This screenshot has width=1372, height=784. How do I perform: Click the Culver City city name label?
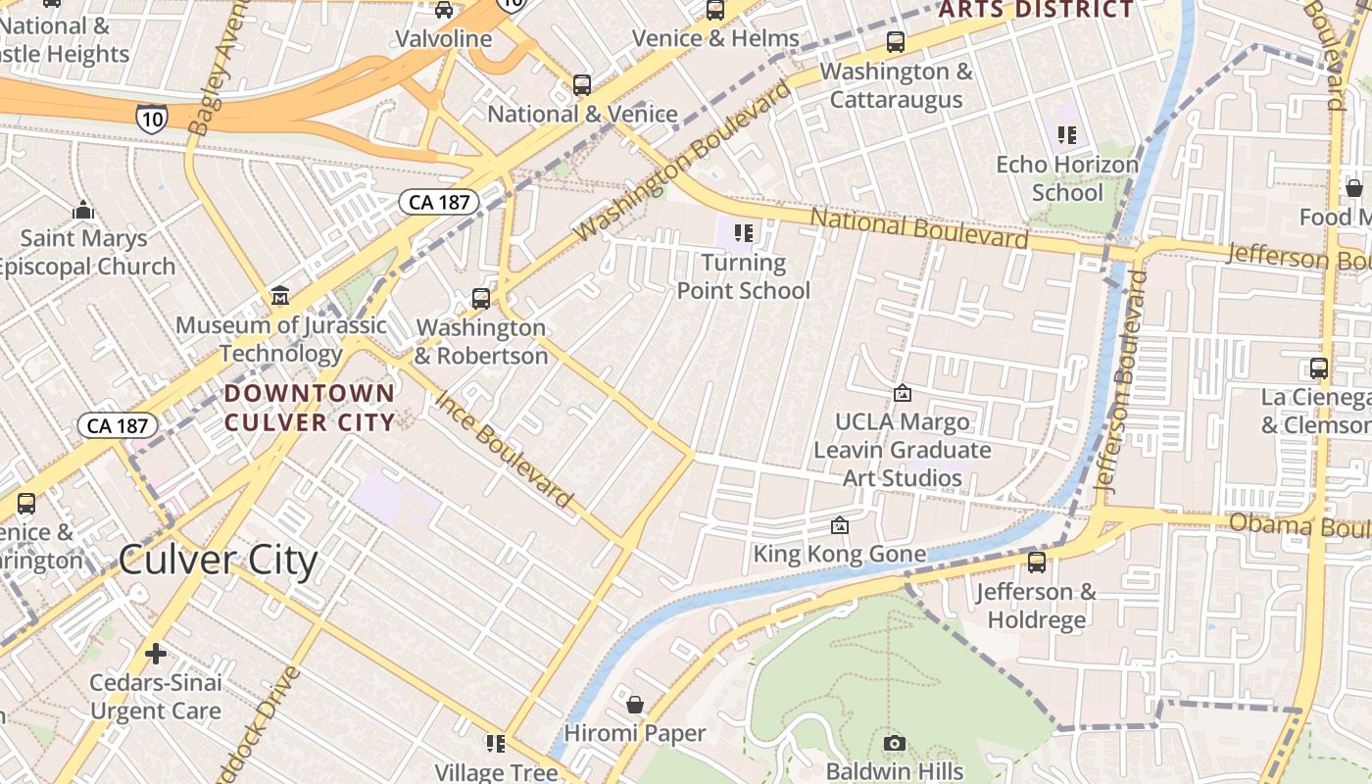pyautogui.click(x=218, y=561)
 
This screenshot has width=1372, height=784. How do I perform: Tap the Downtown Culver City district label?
pyautogui.click(x=310, y=408)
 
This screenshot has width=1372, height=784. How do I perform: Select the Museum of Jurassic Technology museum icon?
pyautogui.click(x=280, y=296)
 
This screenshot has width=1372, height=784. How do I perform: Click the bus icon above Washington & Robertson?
pyautogui.click(x=480, y=298)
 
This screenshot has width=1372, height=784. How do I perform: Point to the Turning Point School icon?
pyautogui.click(x=744, y=233)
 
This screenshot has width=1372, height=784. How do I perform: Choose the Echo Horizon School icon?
pyautogui.click(x=1067, y=135)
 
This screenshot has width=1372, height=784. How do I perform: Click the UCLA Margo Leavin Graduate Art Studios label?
pyautogui.click(x=903, y=450)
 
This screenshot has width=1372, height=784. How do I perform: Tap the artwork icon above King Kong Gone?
pyautogui.click(x=839, y=526)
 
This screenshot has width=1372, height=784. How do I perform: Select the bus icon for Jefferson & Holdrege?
pyautogui.click(x=1036, y=563)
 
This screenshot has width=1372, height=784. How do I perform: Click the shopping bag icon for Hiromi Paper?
pyautogui.click(x=635, y=705)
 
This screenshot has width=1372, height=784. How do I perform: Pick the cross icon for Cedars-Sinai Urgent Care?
pyautogui.click(x=155, y=654)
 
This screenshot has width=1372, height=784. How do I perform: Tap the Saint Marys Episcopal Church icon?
pyautogui.click(x=83, y=210)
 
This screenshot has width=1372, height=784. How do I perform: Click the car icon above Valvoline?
pyautogui.click(x=444, y=10)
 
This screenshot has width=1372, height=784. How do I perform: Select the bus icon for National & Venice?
pyautogui.click(x=582, y=85)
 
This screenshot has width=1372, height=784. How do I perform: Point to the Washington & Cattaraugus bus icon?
pyautogui.click(x=896, y=42)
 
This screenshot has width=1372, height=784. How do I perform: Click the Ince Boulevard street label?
pyautogui.click(x=504, y=450)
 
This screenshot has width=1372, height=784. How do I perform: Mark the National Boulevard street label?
pyautogui.click(x=919, y=228)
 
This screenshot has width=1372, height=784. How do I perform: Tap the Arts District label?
pyautogui.click(x=1036, y=10)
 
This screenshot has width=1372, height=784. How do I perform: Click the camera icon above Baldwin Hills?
pyautogui.click(x=894, y=744)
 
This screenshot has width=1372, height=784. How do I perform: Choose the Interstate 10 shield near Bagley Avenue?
pyautogui.click(x=152, y=118)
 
